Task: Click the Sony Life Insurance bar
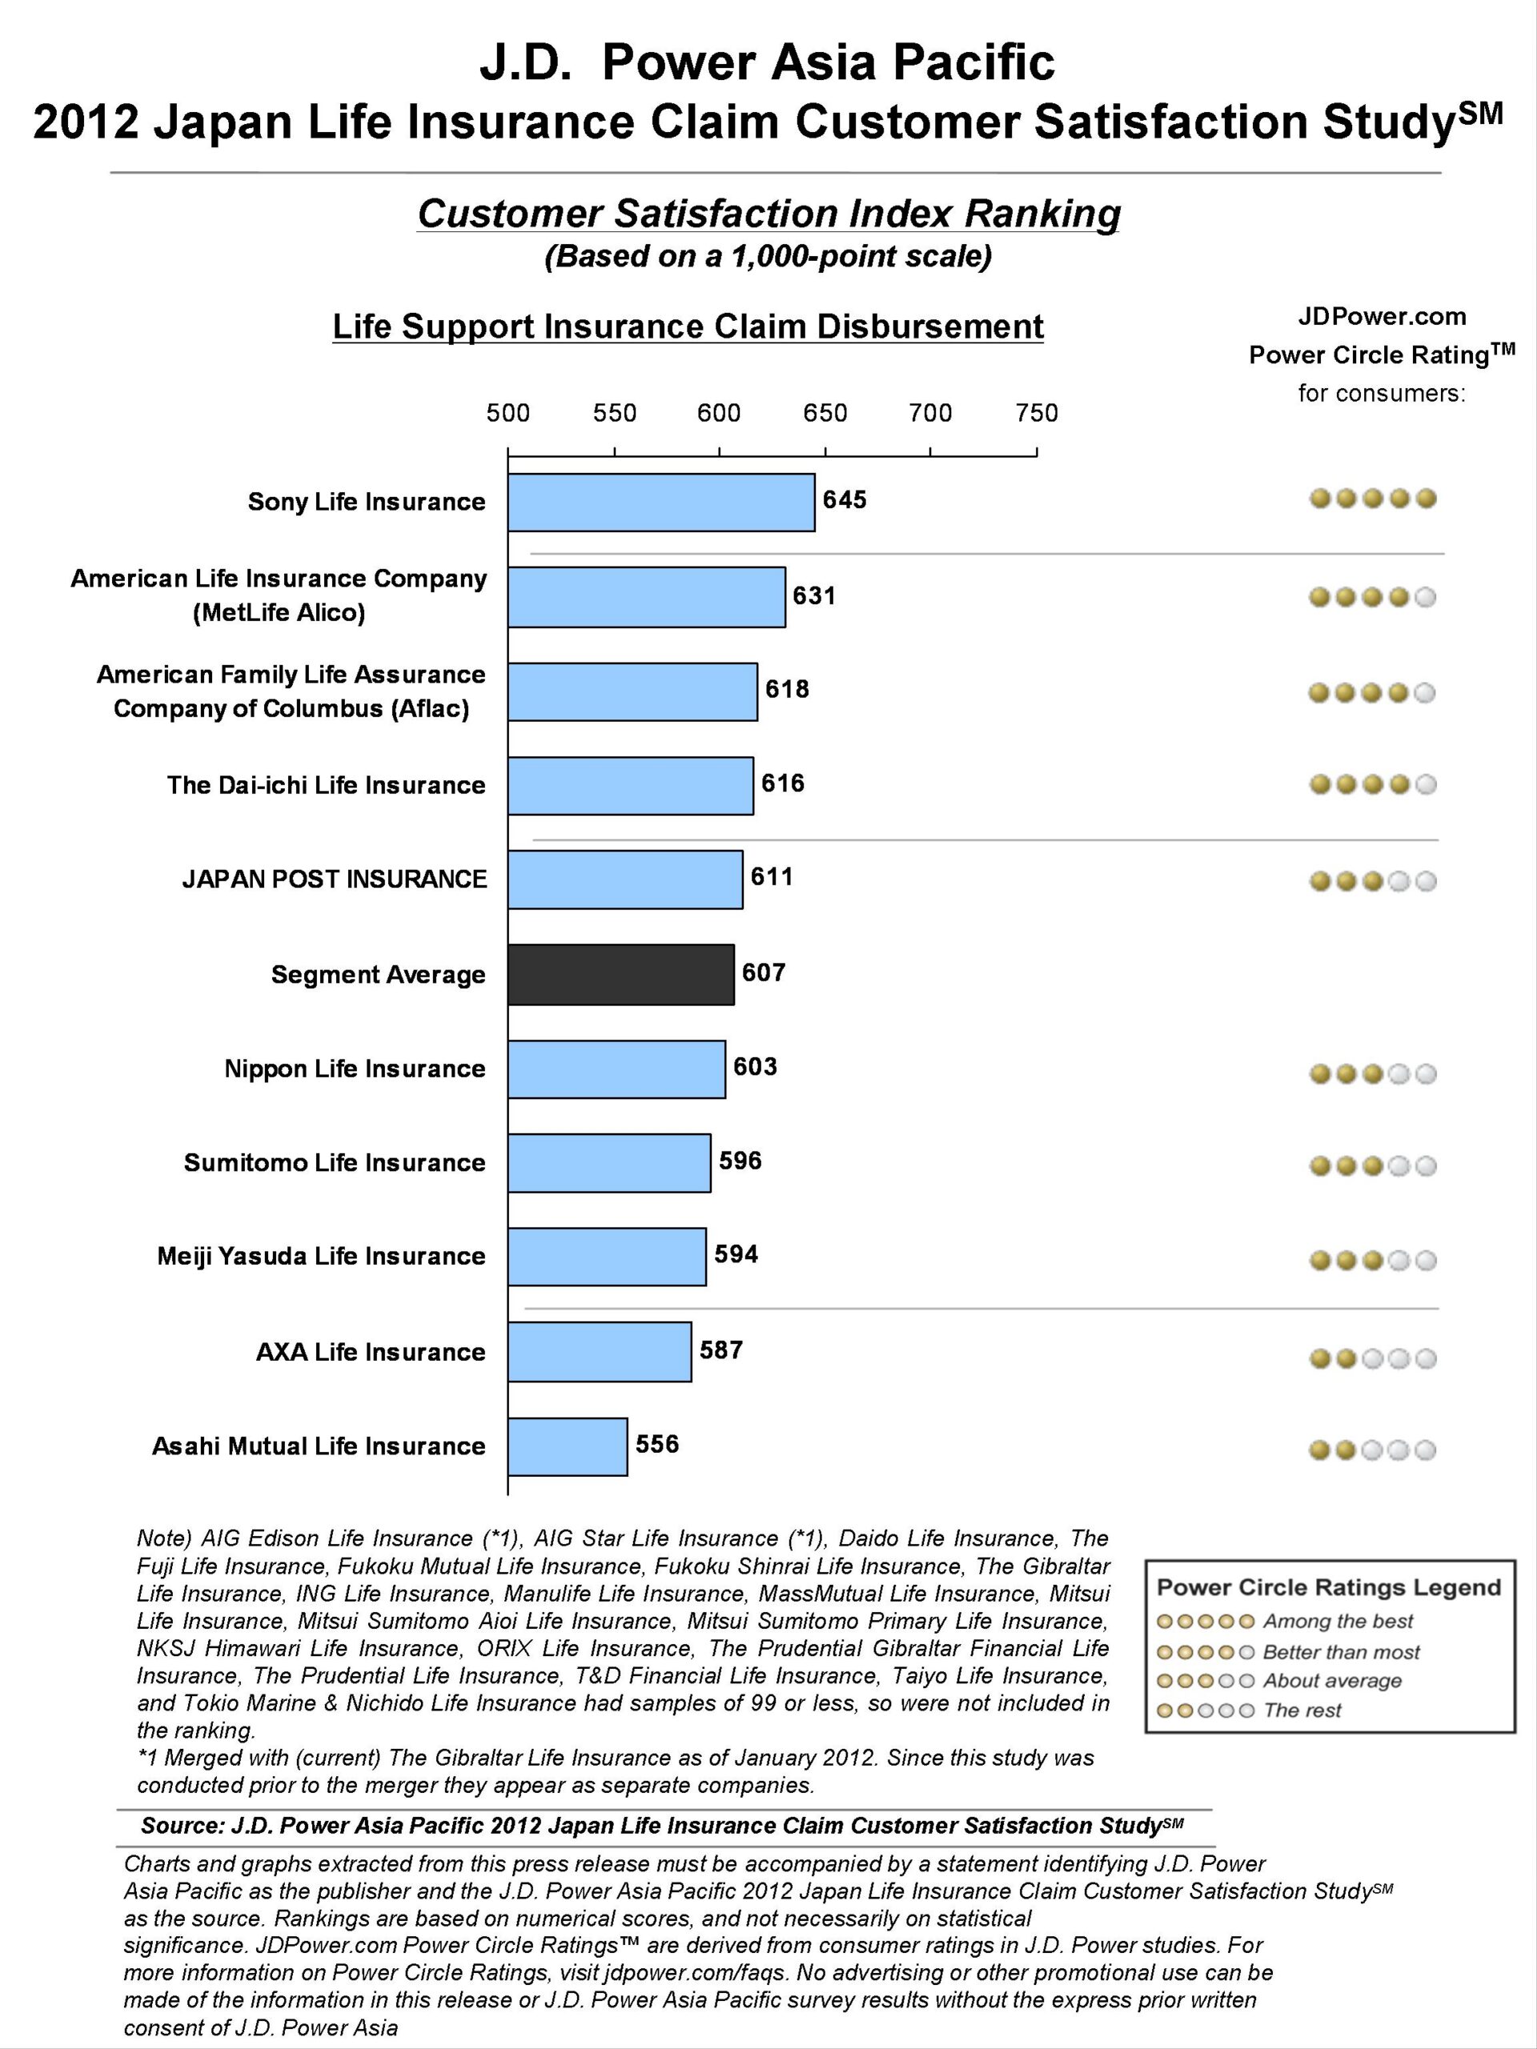(661, 502)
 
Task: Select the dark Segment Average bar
(620, 975)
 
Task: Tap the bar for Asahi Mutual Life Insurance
(568, 1446)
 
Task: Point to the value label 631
(814, 595)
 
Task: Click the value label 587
(722, 1349)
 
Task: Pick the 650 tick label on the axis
(825, 413)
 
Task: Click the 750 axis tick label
(1037, 413)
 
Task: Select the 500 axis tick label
(508, 413)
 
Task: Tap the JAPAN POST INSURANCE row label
(335, 878)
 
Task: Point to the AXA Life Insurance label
(371, 1352)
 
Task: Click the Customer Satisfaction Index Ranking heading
(769, 214)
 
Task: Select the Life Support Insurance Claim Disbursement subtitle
(688, 327)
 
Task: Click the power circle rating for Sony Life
(1373, 499)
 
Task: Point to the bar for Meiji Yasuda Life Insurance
(607, 1257)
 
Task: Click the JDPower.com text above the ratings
(1382, 317)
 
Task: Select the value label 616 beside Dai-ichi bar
(783, 784)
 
